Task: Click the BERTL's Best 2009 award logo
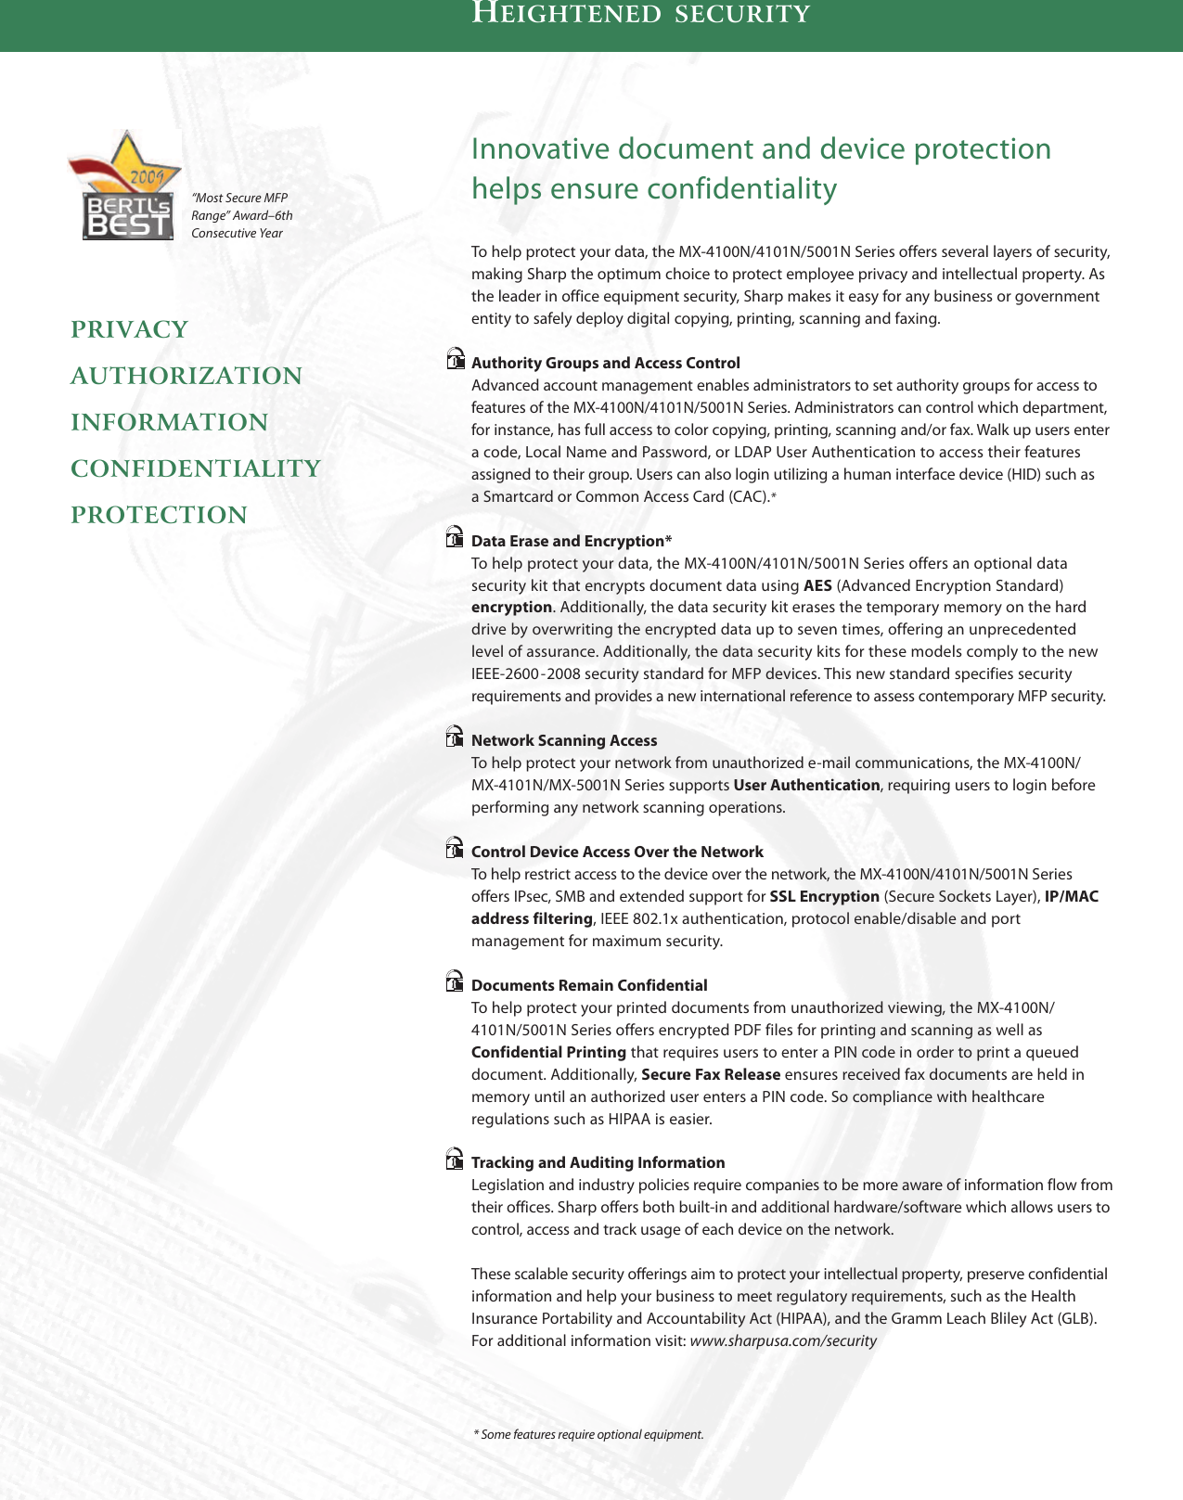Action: [126, 188]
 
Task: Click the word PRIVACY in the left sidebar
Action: [130, 329]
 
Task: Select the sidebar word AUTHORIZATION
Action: [186, 376]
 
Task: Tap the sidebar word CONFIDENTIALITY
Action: [196, 468]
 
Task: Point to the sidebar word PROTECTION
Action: [160, 515]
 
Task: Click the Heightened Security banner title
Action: [641, 14]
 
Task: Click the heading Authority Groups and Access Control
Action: [605, 363]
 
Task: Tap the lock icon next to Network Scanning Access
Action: [455, 737]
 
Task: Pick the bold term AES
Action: [817, 585]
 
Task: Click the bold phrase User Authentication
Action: [806, 785]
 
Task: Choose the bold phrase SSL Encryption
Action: [824, 896]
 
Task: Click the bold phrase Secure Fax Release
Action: [711, 1074]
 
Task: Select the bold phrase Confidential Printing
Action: [548, 1052]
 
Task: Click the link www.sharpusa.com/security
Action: [783, 1340]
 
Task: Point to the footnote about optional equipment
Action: [588, 1434]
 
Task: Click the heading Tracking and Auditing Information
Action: [598, 1162]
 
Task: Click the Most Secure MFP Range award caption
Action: [241, 215]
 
